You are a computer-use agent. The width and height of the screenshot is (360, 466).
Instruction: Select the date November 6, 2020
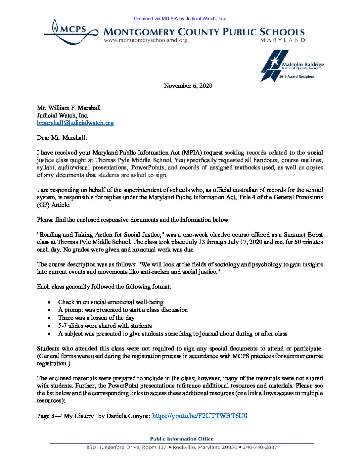point(188,86)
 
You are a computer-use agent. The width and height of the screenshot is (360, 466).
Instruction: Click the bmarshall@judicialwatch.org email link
point(75,123)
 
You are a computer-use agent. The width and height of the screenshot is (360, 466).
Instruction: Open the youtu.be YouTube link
point(200,416)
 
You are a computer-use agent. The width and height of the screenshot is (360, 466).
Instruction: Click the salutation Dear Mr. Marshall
point(62,138)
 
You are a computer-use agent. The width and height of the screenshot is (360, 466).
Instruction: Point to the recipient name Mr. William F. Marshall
point(69,108)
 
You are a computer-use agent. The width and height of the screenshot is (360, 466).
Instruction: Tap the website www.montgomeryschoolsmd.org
point(145,40)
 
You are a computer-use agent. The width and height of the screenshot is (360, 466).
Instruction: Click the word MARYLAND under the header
point(283,40)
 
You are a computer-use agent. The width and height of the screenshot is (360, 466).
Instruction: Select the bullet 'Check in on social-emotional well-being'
point(111,302)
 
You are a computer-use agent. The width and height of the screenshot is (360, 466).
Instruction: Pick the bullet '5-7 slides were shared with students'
point(105,326)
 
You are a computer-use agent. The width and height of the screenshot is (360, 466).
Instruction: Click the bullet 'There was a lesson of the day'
point(96,318)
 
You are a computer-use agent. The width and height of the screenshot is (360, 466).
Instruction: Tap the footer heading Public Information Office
point(182,439)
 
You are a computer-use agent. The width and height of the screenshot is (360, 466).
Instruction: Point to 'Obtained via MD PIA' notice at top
point(180,19)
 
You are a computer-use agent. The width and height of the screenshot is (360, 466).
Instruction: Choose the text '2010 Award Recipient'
point(297,77)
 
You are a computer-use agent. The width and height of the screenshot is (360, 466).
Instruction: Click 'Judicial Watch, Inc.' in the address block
point(63,116)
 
